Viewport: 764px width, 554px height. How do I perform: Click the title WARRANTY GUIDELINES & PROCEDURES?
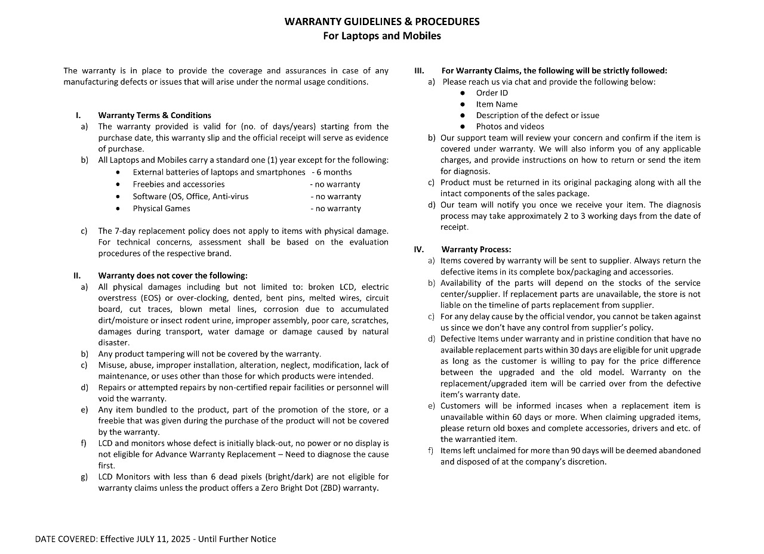382,22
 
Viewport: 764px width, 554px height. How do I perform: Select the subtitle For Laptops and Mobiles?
382,36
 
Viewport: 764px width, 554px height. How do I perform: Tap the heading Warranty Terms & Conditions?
155,115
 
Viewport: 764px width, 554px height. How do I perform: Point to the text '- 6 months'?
332,172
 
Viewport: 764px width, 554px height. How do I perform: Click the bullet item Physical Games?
161,208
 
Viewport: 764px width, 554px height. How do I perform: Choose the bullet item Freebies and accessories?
178,184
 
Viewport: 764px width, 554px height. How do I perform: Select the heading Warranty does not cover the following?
172,276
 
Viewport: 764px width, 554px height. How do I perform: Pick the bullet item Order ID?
492,93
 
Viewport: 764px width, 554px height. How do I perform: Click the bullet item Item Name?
497,104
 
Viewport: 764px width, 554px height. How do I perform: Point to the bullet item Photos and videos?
510,126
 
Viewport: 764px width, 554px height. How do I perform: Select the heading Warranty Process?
476,249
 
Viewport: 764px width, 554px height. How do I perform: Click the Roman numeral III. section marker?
419,70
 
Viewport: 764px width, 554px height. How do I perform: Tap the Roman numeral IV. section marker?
419,249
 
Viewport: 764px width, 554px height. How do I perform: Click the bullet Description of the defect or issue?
537,115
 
